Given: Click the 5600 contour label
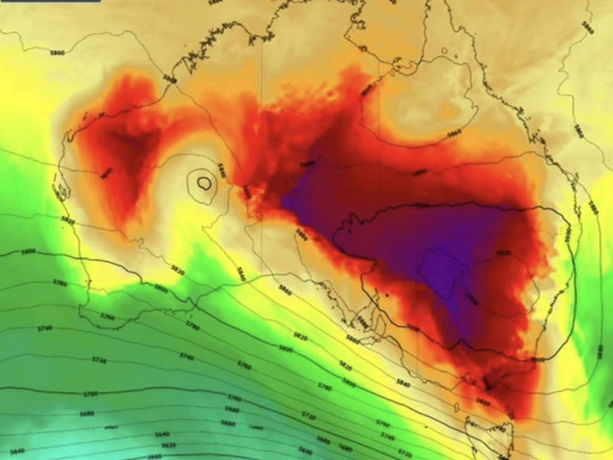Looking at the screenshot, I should click(x=154, y=456).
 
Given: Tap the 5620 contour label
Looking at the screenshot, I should click(x=168, y=446).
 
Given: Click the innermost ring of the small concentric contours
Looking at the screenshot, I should click(x=204, y=183).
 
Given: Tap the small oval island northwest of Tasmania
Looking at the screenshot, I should click(x=456, y=407).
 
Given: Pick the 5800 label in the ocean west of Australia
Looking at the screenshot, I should click(x=29, y=252).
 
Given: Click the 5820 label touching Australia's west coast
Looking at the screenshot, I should click(x=68, y=220).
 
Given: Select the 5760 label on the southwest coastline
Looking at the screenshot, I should click(x=108, y=317).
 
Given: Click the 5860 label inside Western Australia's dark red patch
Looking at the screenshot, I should click(x=107, y=171).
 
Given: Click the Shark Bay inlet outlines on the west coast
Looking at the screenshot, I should click(x=59, y=192).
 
